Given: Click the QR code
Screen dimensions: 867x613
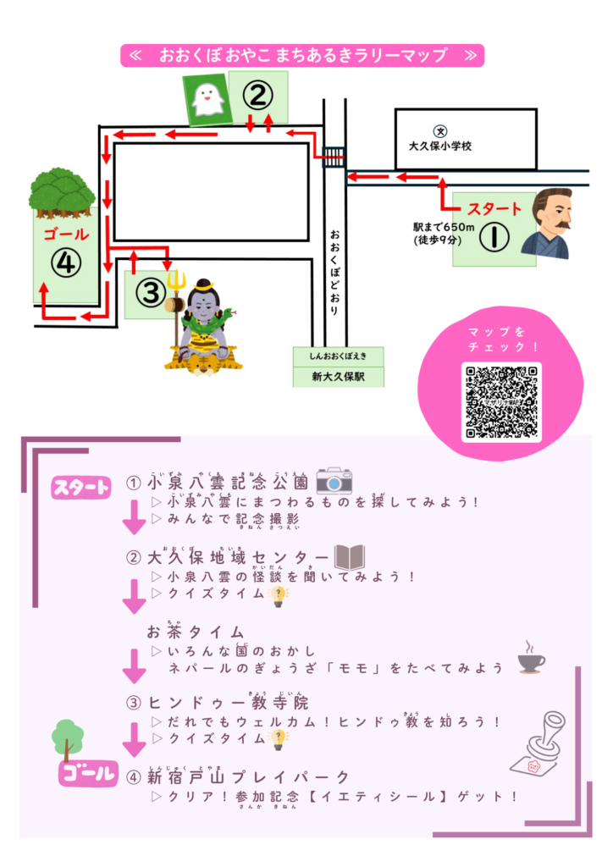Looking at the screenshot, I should [500, 401].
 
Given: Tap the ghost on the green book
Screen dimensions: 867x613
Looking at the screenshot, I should [207, 99].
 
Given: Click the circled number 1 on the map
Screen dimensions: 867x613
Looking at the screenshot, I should [494, 236].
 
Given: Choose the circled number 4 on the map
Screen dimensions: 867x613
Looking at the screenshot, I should [64, 263].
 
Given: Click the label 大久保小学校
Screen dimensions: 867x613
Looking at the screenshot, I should [439, 146].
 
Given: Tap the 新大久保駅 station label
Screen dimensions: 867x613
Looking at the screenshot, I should [338, 376].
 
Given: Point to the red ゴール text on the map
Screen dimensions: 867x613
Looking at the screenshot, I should [64, 234].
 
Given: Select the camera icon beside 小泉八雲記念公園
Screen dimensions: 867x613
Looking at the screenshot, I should [334, 481].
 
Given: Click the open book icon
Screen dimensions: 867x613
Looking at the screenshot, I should [350, 557].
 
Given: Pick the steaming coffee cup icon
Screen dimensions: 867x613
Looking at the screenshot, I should [531, 658].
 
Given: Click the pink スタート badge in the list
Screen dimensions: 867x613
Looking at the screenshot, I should [81, 487].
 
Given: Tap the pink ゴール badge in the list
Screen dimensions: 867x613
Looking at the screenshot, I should [86, 773].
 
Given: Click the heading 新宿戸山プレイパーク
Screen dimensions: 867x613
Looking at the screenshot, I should [248, 776].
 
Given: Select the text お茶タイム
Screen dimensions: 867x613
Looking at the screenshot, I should [196, 632].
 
